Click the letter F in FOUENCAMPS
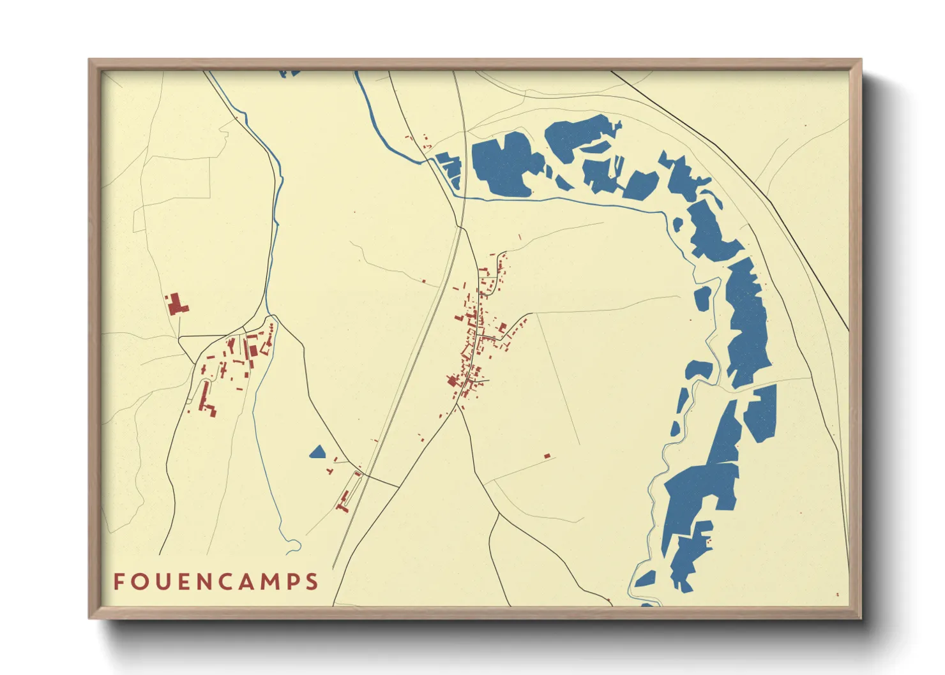[119, 582]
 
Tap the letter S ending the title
[312, 582]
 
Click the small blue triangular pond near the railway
[317, 453]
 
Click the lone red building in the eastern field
[547, 456]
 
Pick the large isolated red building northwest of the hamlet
[176, 304]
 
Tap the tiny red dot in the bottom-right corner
[838, 595]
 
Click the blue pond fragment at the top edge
[289, 73]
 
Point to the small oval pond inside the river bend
[702, 299]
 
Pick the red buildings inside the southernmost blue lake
[708, 542]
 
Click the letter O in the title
[139, 582]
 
